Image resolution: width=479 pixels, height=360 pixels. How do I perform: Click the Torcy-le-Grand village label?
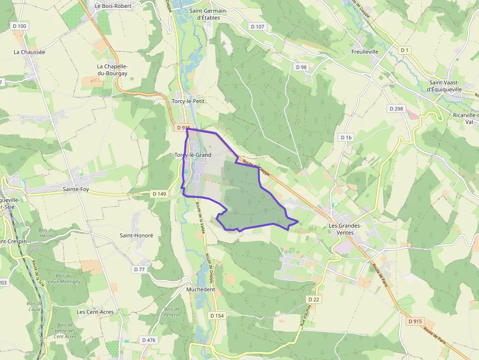pyautogui.click(x=193, y=155)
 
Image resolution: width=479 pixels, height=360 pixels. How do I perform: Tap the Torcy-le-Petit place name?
pyautogui.click(x=188, y=101)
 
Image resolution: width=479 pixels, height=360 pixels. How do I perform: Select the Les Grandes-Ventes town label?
pyautogui.click(x=345, y=229)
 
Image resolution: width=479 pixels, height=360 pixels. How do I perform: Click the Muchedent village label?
pyautogui.click(x=201, y=289)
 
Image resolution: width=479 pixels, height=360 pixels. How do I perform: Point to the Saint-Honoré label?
pyautogui.click(x=136, y=235)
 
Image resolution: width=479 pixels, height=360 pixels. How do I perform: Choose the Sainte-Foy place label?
pyautogui.click(x=76, y=189)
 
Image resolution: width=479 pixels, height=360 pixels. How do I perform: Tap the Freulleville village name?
pyautogui.click(x=365, y=51)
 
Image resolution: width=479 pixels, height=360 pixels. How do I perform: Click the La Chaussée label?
pyautogui.click(x=29, y=52)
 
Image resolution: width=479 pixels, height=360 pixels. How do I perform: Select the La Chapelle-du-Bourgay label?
pyautogui.click(x=112, y=70)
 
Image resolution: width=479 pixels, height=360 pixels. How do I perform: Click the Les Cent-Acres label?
pyautogui.click(x=95, y=312)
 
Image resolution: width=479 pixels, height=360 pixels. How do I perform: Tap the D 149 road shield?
pyautogui.click(x=159, y=194)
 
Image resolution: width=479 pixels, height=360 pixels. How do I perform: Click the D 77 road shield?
pyautogui.click(x=139, y=269)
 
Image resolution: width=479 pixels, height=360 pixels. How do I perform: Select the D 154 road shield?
pyautogui.click(x=217, y=316)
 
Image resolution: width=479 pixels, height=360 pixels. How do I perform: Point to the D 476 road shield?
pyautogui.click(x=148, y=340)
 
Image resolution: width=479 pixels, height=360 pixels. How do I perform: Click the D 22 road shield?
pyautogui.click(x=313, y=299)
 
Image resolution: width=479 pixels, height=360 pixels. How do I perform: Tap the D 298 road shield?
pyautogui.click(x=396, y=108)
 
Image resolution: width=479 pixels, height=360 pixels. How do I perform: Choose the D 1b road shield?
pyautogui.click(x=346, y=138)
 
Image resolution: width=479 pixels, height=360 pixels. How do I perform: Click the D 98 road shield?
pyautogui.click(x=301, y=67)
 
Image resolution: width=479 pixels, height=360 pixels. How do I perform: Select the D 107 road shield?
pyautogui.click(x=257, y=26)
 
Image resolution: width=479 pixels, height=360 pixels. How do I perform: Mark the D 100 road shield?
pyautogui.click(x=19, y=25)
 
